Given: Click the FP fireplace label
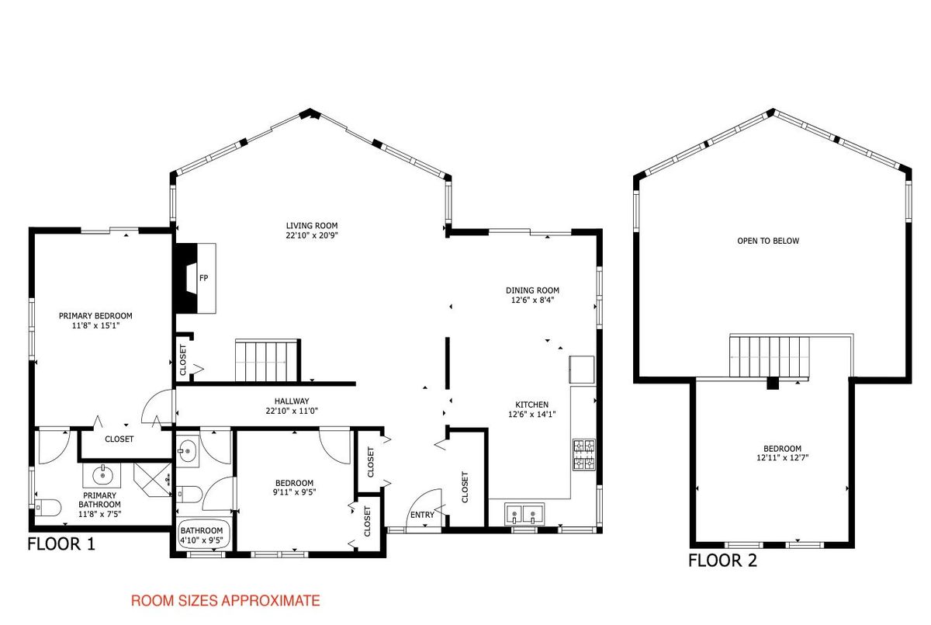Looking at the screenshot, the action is [x=203, y=278].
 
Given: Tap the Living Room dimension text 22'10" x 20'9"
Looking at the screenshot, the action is [x=312, y=235].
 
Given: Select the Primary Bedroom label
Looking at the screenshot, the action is [x=95, y=316].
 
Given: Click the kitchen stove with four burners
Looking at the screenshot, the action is [x=584, y=454].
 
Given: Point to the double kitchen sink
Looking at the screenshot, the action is [x=524, y=515].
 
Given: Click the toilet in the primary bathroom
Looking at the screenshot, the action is [x=48, y=508].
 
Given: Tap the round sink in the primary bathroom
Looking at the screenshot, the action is [x=102, y=474].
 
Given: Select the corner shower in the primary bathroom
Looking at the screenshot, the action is [x=153, y=480].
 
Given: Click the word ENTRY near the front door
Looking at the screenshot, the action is [x=422, y=515].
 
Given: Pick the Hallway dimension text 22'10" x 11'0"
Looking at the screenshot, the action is [x=292, y=411].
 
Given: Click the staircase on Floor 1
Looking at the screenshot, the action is [x=267, y=360].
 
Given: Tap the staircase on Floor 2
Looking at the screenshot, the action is [x=770, y=356].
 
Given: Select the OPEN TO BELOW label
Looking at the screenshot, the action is [x=768, y=241].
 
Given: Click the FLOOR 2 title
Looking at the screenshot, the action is [x=722, y=561].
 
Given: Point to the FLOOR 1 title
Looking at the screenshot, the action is [x=61, y=544].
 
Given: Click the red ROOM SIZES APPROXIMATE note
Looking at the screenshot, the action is [x=225, y=600].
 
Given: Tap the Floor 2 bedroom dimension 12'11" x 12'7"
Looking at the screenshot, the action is [x=783, y=457].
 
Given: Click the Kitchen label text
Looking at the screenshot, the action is [x=532, y=405].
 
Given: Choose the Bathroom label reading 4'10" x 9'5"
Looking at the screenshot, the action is [x=202, y=536].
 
